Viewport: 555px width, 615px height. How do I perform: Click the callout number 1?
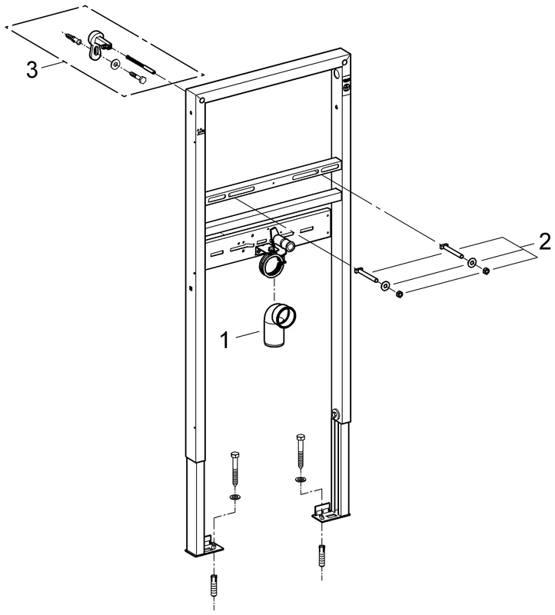[224, 340]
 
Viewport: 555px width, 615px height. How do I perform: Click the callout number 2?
[544, 242]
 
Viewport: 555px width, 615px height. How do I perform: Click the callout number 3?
[32, 70]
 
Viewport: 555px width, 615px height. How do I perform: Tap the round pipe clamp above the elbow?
[271, 266]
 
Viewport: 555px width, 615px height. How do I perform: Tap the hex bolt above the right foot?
[301, 451]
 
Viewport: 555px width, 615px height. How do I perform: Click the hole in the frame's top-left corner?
[202, 101]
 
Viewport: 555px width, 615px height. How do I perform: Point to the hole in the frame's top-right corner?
[344, 63]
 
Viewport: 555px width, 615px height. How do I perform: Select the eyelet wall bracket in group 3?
[97, 42]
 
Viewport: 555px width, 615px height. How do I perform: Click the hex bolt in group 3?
[138, 76]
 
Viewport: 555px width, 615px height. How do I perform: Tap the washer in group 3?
[115, 63]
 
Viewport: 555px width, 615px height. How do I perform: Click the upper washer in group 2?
[471, 261]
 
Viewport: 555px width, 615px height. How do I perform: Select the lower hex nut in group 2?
[398, 294]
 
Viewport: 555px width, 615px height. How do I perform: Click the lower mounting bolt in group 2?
[366, 274]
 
